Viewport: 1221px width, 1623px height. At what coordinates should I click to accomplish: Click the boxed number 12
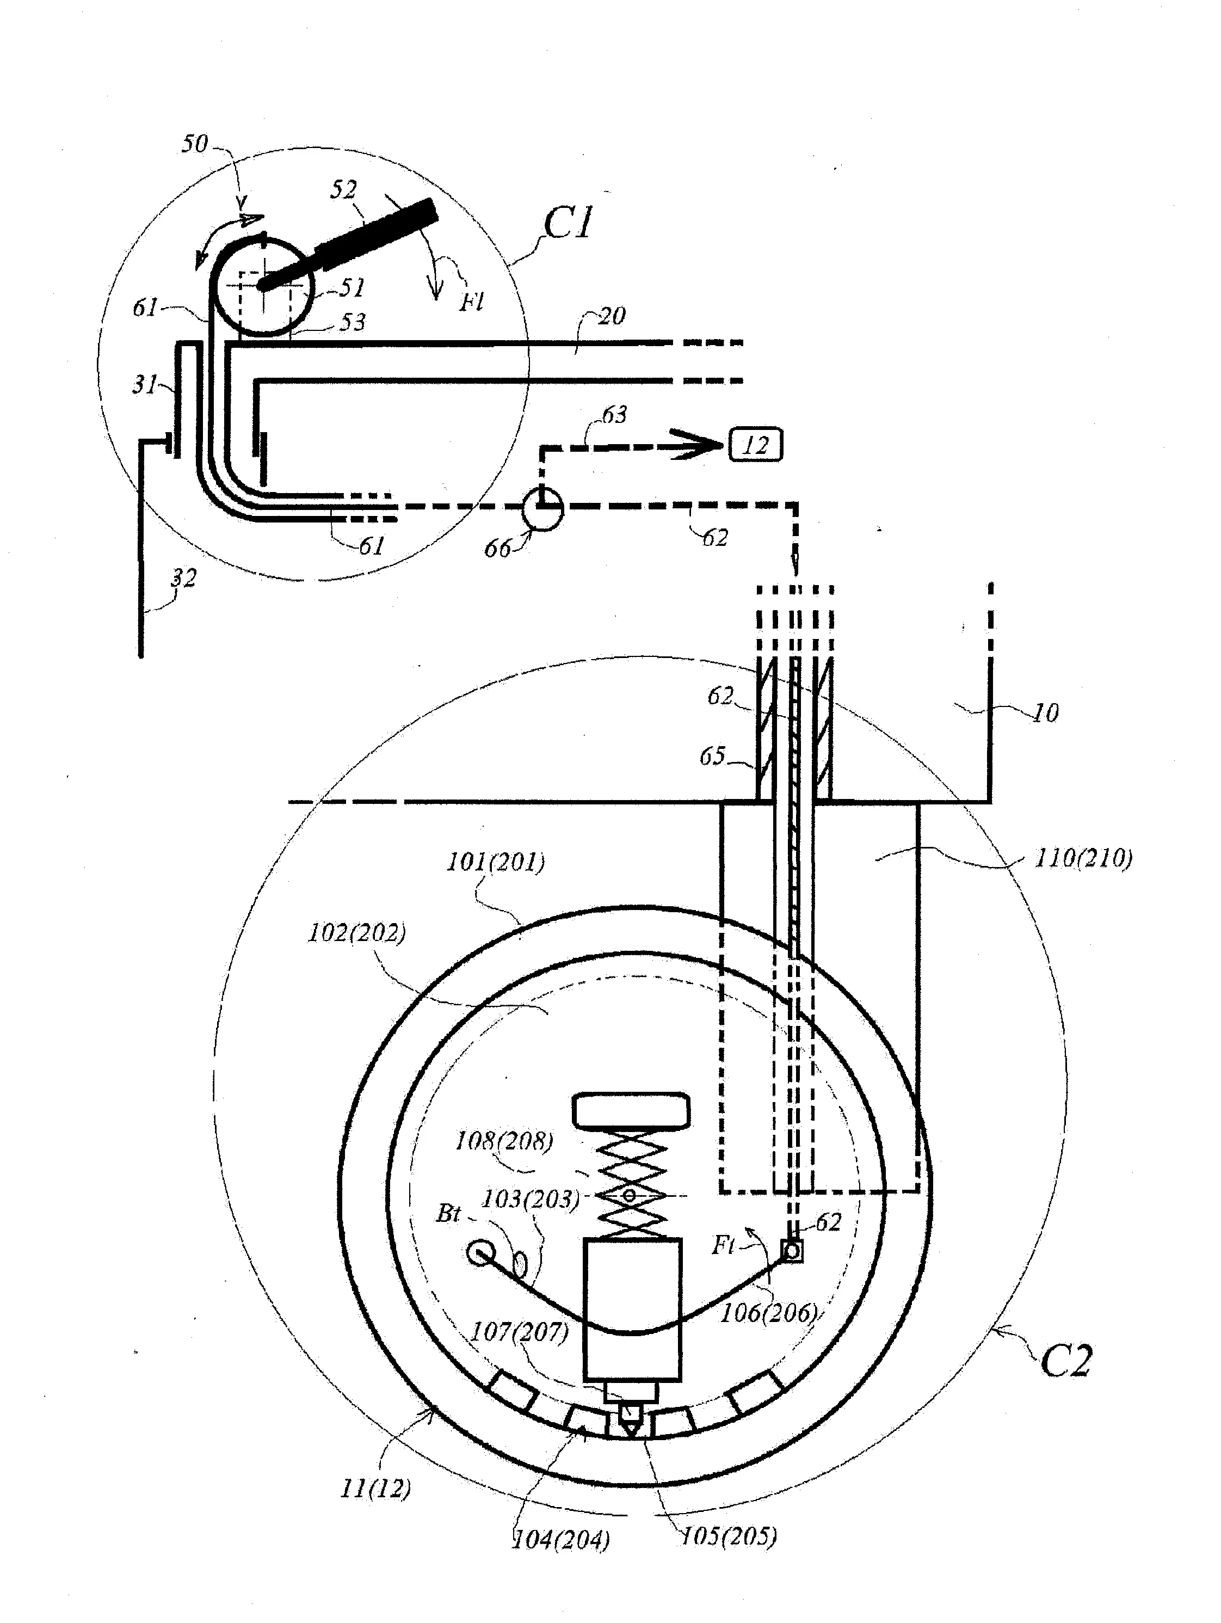[x=755, y=445]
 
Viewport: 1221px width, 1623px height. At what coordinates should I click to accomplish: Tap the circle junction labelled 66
[x=542, y=508]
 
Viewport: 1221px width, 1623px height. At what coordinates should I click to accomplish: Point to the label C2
[x=1065, y=1362]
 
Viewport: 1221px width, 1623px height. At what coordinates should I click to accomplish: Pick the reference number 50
[x=195, y=144]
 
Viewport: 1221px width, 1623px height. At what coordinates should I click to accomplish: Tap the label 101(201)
[x=496, y=862]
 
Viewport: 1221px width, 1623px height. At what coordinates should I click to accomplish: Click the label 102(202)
[x=356, y=933]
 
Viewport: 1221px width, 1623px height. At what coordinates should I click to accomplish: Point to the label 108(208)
[x=504, y=1141]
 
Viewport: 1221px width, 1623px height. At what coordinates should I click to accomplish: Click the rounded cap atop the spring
[x=631, y=1110]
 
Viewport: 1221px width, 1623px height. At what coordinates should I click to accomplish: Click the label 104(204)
[x=560, y=1539]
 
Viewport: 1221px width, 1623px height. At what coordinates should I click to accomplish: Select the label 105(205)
[x=728, y=1536]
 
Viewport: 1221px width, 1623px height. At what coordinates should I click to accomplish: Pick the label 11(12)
[x=375, y=1488]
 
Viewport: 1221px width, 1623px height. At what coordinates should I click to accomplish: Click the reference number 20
[x=612, y=316]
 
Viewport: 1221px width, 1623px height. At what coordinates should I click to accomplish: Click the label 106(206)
[x=768, y=1313]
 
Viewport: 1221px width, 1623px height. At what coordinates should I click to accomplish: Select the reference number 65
[x=712, y=756]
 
